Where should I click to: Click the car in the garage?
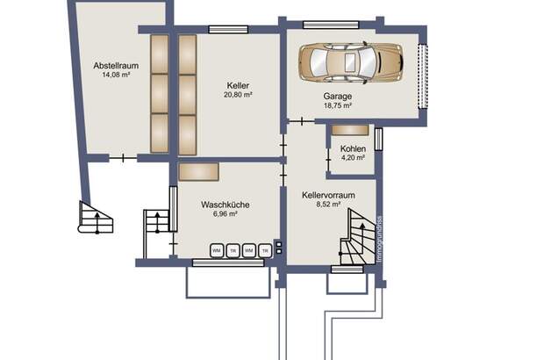tap(349, 61)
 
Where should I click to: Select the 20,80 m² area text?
tap(239, 95)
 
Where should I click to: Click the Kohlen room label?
tap(353, 148)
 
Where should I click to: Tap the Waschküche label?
tap(225, 205)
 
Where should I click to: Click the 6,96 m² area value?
tap(225, 214)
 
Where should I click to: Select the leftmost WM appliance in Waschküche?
tap(217, 250)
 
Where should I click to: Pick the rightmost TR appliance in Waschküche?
tap(265, 250)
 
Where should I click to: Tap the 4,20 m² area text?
tap(353, 159)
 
